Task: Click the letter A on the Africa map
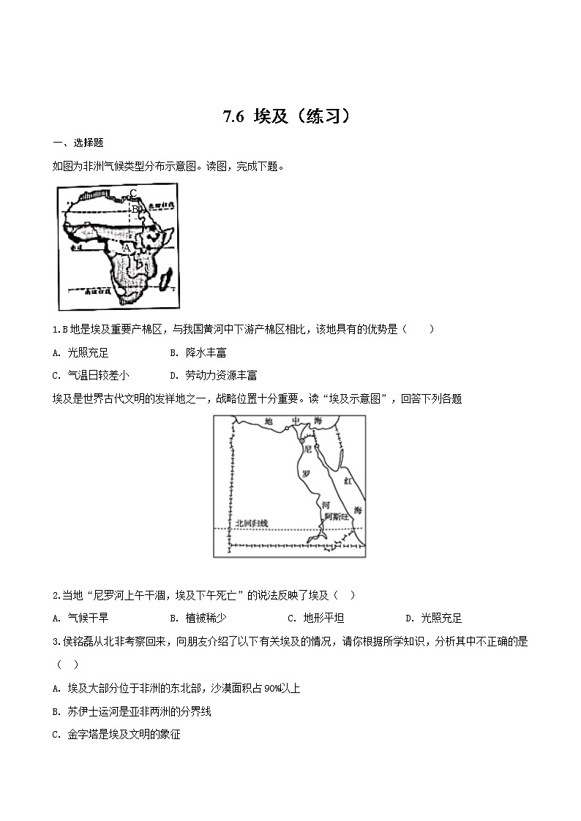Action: [127, 249]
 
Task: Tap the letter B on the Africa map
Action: [135, 209]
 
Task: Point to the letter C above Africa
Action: [133, 194]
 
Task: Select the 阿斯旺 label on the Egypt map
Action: [337, 515]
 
